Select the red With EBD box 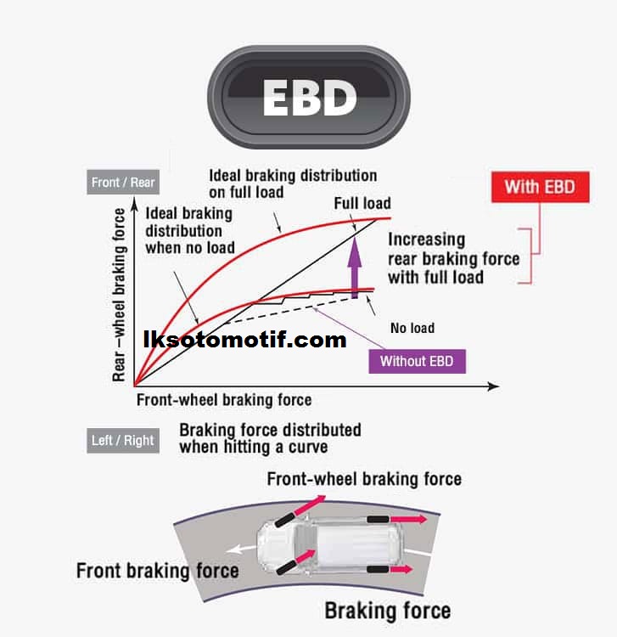coord(540,186)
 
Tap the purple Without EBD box coord(417,361)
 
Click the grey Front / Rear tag coord(124,182)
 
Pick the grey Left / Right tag coord(123,440)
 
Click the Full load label coord(362,203)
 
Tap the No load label coord(412,328)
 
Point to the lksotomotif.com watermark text coord(245,341)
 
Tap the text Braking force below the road coord(388,609)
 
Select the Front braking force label coord(157,569)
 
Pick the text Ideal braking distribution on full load coord(293,183)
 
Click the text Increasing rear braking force coord(454,258)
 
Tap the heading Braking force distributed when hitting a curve coord(270,437)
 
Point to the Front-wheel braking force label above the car coord(364,478)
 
